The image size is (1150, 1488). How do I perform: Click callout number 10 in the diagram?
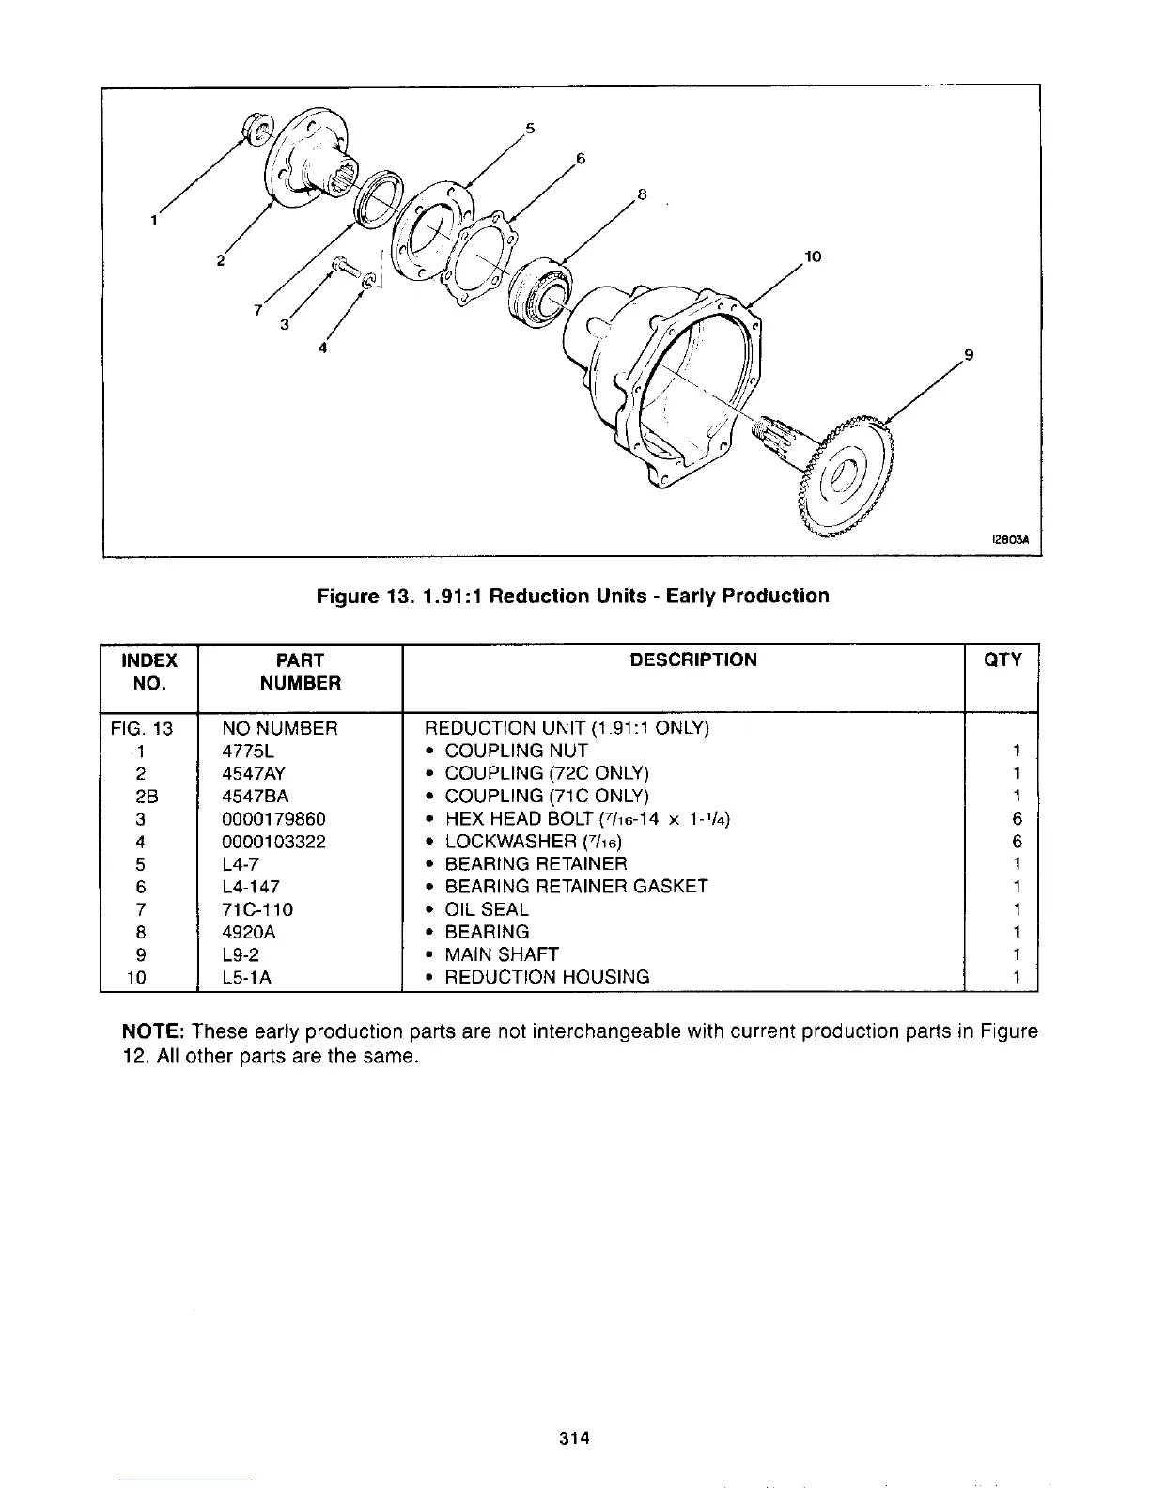813,256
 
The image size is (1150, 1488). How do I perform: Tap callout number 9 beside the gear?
969,355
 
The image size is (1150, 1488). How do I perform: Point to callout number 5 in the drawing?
530,128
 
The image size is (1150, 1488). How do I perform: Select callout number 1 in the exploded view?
152,222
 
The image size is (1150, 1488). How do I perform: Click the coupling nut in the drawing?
256,128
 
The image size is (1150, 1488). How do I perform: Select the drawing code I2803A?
1007,540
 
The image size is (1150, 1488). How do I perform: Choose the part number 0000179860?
273,818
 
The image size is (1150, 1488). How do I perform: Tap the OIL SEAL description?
486,909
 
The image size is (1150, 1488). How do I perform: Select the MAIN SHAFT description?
501,954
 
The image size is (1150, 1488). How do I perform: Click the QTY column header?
1002,659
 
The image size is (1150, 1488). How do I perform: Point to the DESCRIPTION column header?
692,659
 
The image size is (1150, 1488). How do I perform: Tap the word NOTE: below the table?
154,1031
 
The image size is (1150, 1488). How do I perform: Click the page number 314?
573,1437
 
